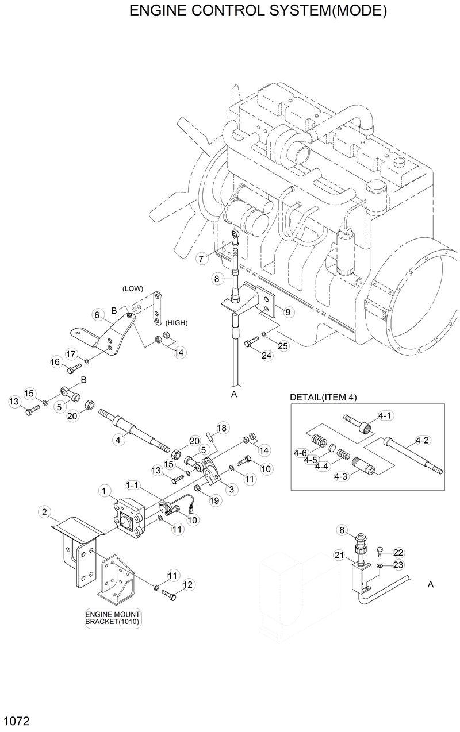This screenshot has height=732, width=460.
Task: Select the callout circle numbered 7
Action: click(201, 259)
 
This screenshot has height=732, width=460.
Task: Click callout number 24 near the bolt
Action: click(266, 356)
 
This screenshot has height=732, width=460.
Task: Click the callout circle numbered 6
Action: click(97, 314)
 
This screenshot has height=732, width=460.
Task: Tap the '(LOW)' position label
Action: click(132, 288)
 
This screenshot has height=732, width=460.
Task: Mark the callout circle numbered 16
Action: click(56, 362)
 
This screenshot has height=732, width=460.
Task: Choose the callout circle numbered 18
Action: click(222, 428)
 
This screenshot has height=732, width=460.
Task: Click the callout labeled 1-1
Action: click(132, 486)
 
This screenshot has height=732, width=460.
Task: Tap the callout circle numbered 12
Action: click(188, 585)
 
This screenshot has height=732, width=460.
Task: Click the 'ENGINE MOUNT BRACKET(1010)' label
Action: click(112, 617)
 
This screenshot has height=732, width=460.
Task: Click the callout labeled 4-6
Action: click(300, 453)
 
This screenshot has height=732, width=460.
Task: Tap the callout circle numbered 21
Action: click(339, 554)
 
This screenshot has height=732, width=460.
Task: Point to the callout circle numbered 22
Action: click(398, 553)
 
